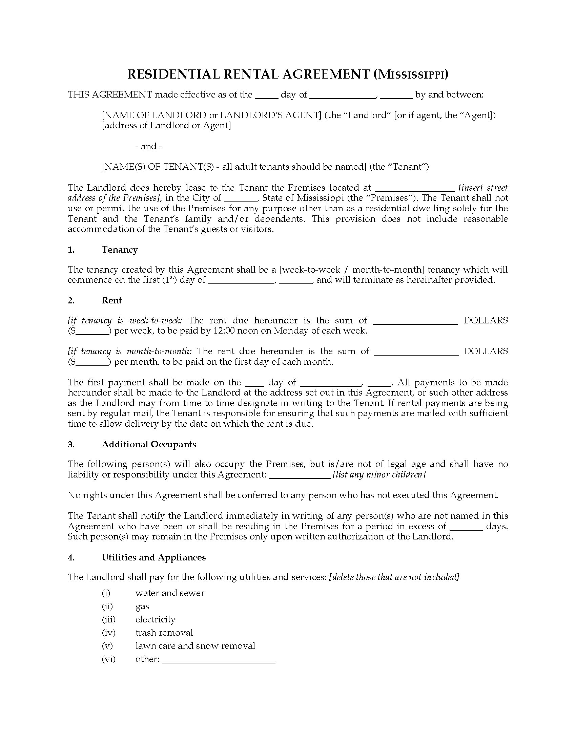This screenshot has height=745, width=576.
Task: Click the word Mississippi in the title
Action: click(x=411, y=74)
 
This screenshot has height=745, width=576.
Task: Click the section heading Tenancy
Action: click(x=119, y=250)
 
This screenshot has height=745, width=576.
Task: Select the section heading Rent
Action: click(x=111, y=300)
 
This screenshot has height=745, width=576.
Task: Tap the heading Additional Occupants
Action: click(x=149, y=444)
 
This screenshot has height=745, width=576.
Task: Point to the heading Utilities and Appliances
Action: click(x=153, y=557)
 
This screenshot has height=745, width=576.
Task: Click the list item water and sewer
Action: click(x=170, y=593)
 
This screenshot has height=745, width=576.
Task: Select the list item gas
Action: click(x=142, y=606)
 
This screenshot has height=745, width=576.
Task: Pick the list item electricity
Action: click(x=155, y=619)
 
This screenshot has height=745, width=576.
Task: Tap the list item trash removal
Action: click(x=164, y=633)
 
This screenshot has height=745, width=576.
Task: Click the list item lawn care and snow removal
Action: click(x=195, y=646)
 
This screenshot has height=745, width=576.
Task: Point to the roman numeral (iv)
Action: click(x=108, y=633)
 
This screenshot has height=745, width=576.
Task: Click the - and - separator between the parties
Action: click(x=148, y=146)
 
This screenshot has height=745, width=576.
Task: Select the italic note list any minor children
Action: click(x=379, y=474)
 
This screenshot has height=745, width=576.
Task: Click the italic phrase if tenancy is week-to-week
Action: click(x=125, y=320)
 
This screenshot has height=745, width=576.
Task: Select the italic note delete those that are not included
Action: click(x=394, y=577)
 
